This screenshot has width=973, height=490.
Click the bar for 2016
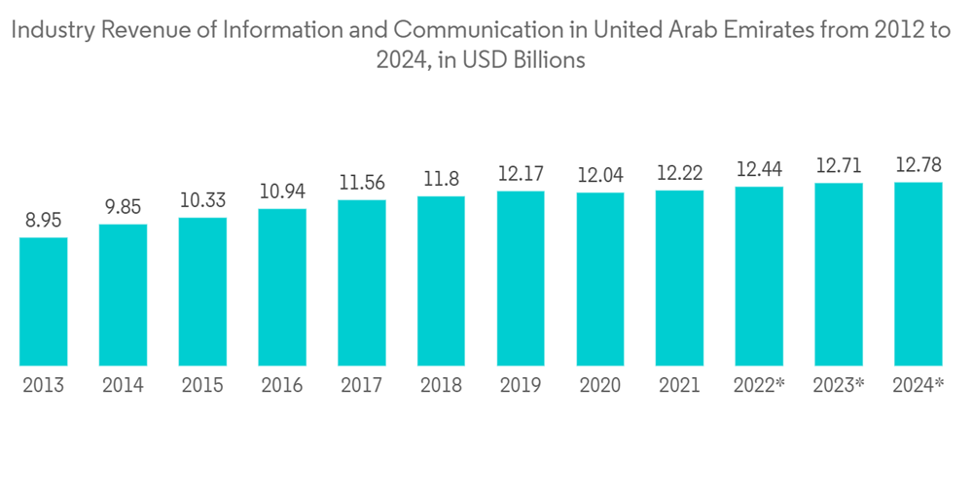[282, 286]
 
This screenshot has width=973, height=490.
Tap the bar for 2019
[521, 277]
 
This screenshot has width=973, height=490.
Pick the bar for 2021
[679, 277]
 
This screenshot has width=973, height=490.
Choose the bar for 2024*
[919, 273]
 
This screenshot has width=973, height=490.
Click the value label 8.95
[43, 222]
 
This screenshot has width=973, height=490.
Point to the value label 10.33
[202, 201]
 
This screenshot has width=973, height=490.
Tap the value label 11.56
[362, 183]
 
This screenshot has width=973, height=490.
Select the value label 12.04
[600, 176]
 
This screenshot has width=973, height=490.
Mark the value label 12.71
[839, 166]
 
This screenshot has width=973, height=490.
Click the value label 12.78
[919, 165]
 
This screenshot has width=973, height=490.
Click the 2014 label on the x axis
[123, 386]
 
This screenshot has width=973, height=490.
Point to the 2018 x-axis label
[441, 386]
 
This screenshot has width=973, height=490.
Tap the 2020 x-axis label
[600, 386]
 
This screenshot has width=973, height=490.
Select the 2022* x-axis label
[759, 386]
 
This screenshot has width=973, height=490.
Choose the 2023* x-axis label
[839, 386]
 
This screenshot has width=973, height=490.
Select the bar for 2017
[362, 282]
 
